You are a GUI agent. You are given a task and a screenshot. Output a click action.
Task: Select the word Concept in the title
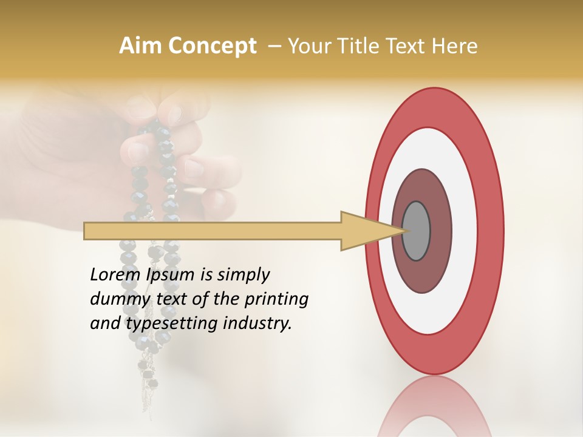[212, 46]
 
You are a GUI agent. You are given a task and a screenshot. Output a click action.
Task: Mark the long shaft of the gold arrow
[213, 231]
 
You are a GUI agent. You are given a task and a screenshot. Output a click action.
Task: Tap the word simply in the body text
[243, 275]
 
